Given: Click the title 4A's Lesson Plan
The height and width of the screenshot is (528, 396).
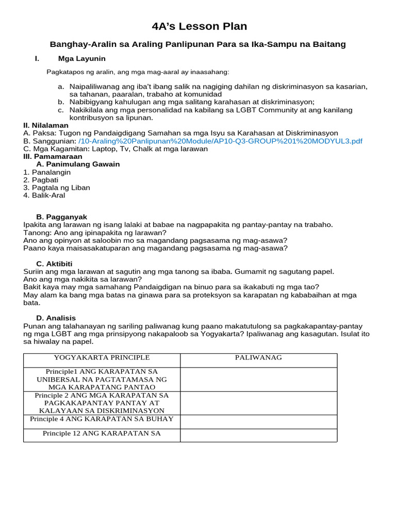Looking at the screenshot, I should pos(199,26).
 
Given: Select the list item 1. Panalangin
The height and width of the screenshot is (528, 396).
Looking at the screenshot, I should pos(47,172).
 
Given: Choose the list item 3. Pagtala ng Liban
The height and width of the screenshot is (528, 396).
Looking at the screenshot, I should pos(57,188).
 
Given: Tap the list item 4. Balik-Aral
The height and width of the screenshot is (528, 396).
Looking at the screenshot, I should pos(44,195).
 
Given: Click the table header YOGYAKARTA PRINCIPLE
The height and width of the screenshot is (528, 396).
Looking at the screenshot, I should pos(102,357).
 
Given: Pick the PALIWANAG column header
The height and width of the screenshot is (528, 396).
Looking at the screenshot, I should pos(258,357).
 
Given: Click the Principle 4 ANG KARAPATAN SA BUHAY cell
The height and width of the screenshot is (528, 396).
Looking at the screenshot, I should pos(102,419).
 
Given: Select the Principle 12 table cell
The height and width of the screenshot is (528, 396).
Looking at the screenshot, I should pos(102,433).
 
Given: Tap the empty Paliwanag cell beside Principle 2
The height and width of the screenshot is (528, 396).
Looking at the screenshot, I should pos(258,403).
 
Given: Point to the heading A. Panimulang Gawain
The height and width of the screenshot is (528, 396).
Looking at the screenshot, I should pos(78,164).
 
